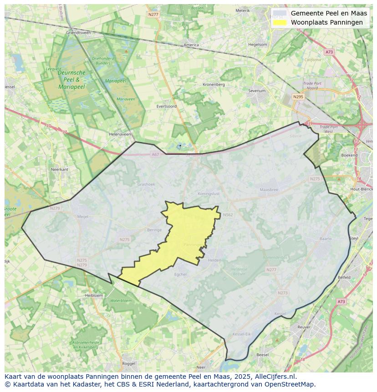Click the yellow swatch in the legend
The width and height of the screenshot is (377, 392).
pyautogui.click(x=280, y=22)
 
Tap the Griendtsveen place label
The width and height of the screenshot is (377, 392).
pyautogui.click(x=78, y=33)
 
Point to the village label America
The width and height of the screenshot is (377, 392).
pyautogui.click(x=191, y=45)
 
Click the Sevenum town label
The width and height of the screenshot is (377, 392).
pyautogui.click(x=257, y=91)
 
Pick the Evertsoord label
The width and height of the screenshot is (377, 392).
pyautogui.click(x=166, y=106)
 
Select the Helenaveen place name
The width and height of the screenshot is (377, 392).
pyautogui.click(x=120, y=134)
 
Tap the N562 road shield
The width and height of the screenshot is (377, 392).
pyautogui.click(x=228, y=215)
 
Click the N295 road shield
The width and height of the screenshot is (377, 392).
pyautogui.click(x=298, y=97)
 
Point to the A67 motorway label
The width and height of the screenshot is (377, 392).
pyautogui.click(x=155, y=154)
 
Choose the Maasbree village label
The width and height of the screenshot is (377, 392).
pyautogui.click(x=268, y=189)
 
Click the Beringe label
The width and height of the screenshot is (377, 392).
pyautogui.click(x=154, y=230)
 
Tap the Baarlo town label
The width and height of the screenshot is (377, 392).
pyautogui.click(x=326, y=238)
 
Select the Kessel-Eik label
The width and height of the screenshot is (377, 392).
pyautogui.click(x=241, y=334)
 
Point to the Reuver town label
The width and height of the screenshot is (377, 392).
pyautogui.click(x=304, y=327)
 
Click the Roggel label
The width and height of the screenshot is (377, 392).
pyautogui.click(x=129, y=363)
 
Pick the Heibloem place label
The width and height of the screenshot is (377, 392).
pyautogui.click(x=94, y=295)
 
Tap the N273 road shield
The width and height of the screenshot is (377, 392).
pyautogui.click(x=282, y=293)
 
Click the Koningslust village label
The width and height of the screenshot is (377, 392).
pyautogui.click(x=209, y=193)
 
